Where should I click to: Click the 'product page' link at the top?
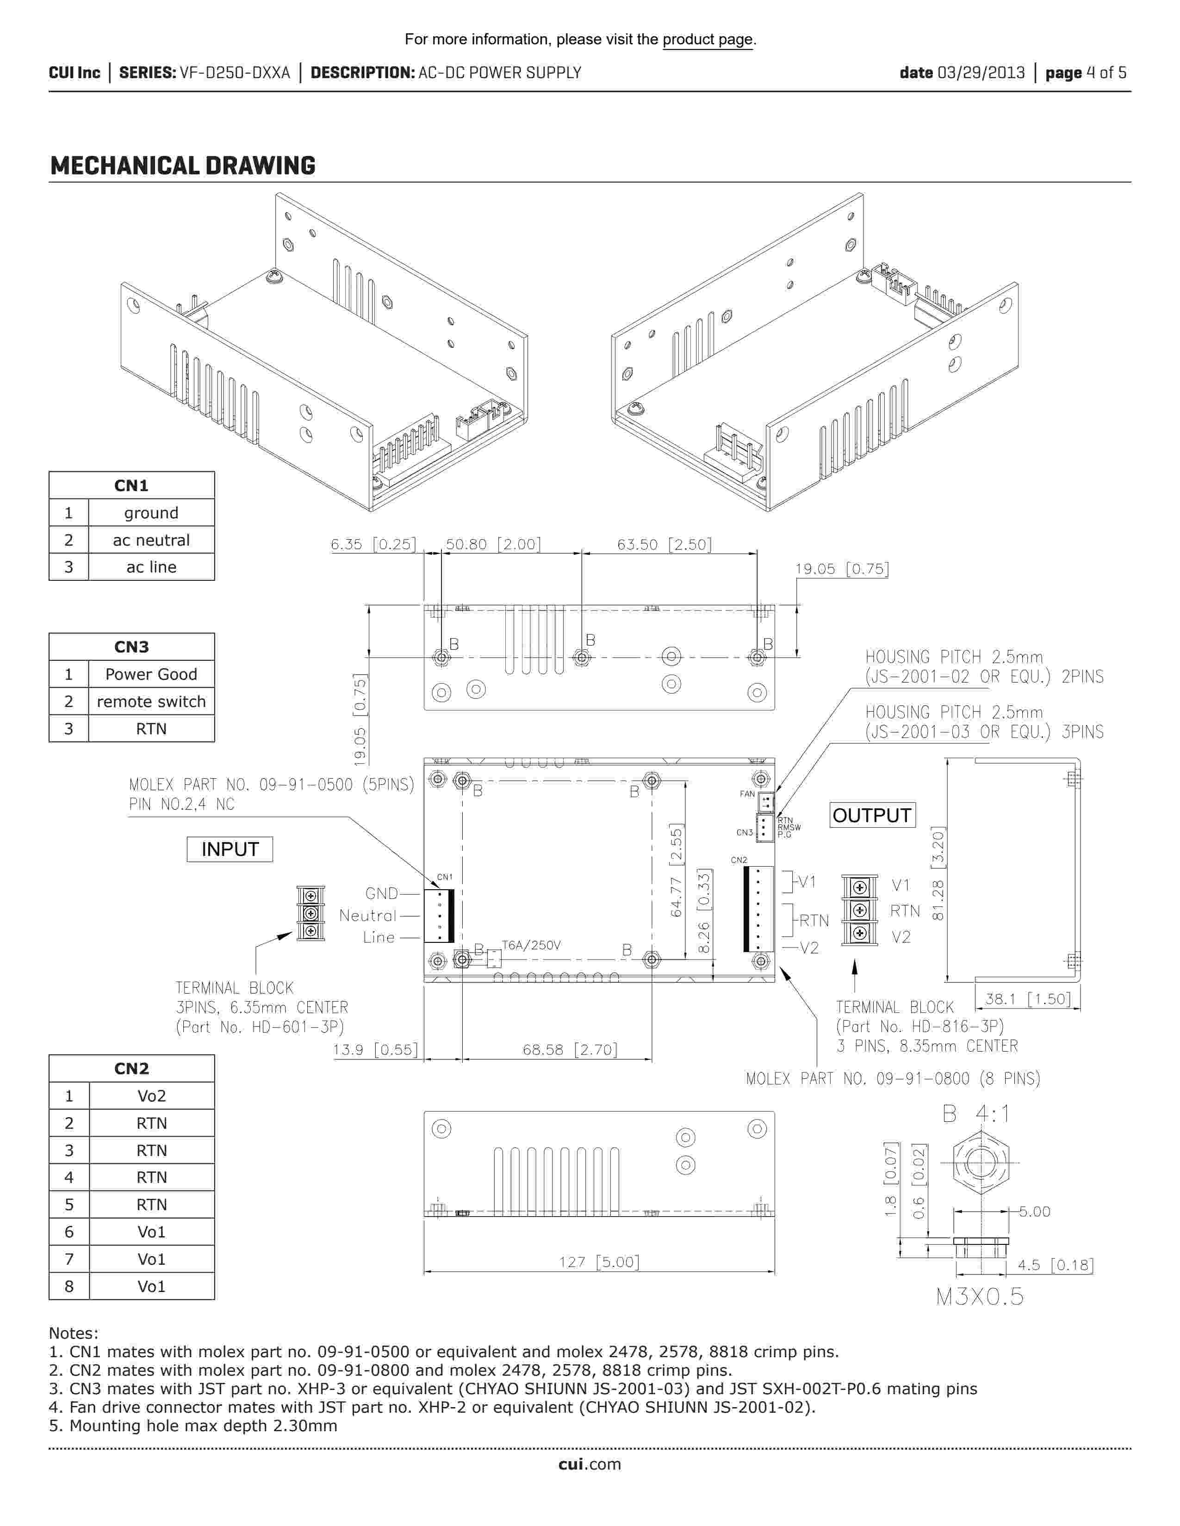[x=708, y=39]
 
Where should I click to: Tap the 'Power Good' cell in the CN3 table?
[x=151, y=674]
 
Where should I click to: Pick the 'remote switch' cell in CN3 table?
[x=151, y=701]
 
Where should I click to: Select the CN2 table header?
[x=131, y=1068]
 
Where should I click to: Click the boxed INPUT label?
[x=230, y=849]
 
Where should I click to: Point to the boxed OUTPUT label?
[x=872, y=815]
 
